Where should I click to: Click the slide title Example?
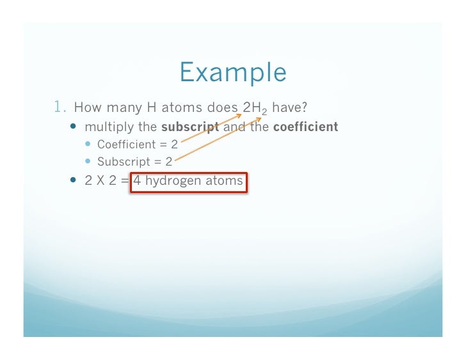click(233, 72)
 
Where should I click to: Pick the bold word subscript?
click(191, 127)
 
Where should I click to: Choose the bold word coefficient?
click(305, 127)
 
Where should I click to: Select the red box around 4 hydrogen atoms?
click(188, 182)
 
